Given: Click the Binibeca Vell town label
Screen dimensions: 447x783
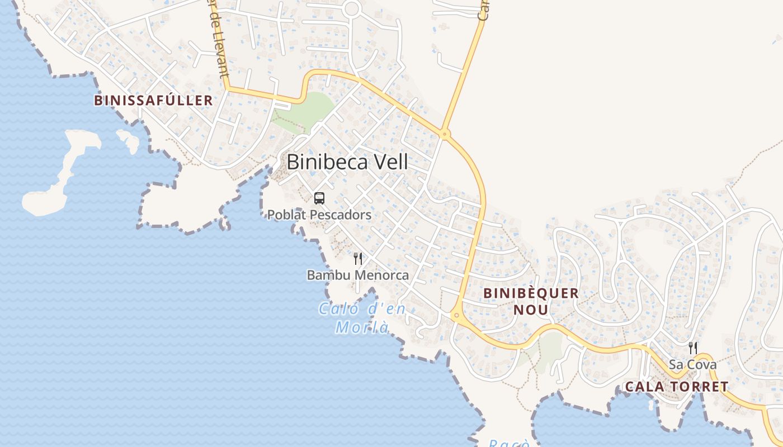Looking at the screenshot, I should (x=347, y=162).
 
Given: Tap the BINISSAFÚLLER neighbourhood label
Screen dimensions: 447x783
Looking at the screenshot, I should (x=153, y=101).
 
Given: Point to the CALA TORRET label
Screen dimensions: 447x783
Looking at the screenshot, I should (x=677, y=387).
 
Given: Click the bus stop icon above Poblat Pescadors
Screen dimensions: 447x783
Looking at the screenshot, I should (x=319, y=198).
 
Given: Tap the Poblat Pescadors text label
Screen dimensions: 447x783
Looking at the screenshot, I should (x=319, y=215).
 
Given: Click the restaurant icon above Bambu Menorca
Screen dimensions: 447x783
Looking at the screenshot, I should (x=358, y=259).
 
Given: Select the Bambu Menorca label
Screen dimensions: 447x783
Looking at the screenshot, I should (x=358, y=275).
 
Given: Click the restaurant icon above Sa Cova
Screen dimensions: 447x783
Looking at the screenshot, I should (x=693, y=348).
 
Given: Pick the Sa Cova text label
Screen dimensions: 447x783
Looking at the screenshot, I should (x=693, y=365).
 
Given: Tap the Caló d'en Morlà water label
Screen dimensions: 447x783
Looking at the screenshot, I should (x=362, y=317).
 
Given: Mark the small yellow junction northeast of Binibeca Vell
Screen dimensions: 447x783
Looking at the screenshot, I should (x=445, y=134).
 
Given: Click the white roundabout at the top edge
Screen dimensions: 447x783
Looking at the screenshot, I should (x=352, y=8).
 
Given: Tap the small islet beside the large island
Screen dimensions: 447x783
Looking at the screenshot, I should (x=129, y=140).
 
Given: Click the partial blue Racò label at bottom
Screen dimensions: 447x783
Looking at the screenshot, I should (x=508, y=443).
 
